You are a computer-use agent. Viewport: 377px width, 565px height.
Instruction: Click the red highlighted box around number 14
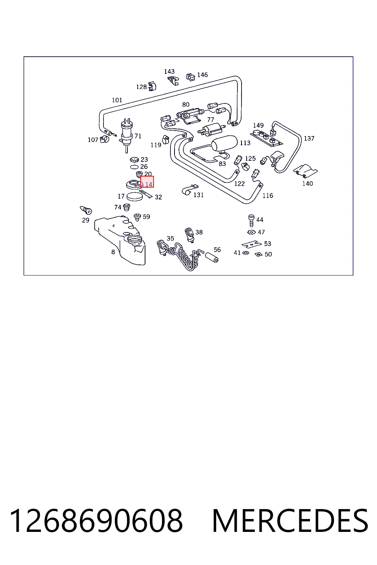(147, 182)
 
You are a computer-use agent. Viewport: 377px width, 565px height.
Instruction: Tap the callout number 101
(117, 100)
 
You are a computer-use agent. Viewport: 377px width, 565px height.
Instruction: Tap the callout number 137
(309, 138)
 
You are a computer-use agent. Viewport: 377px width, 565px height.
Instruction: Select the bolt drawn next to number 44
(251, 221)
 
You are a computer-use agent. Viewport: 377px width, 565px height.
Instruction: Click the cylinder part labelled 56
(212, 257)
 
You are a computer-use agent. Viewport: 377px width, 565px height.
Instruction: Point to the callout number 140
(307, 184)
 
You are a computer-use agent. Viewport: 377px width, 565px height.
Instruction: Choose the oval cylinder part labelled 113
(224, 143)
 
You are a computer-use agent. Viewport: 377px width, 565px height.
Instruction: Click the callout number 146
(202, 75)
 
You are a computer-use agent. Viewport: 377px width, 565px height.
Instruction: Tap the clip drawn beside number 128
(152, 86)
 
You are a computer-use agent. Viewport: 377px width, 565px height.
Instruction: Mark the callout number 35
(170, 238)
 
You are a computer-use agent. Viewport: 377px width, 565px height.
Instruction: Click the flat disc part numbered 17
(135, 197)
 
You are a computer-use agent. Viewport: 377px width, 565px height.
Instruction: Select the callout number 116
(268, 195)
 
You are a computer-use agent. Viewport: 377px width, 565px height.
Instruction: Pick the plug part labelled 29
(86, 210)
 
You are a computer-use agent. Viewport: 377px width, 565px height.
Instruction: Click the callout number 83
(222, 164)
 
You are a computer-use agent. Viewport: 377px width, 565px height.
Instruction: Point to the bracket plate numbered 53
(251, 244)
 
